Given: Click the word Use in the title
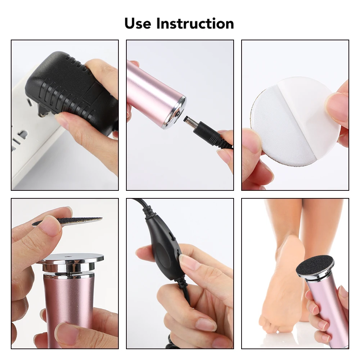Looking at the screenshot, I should tap(138, 23).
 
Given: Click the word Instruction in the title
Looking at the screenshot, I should tap(195, 23).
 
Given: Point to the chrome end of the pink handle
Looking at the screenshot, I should tap(175, 112).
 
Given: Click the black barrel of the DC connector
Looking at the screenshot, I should tap(205, 132).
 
